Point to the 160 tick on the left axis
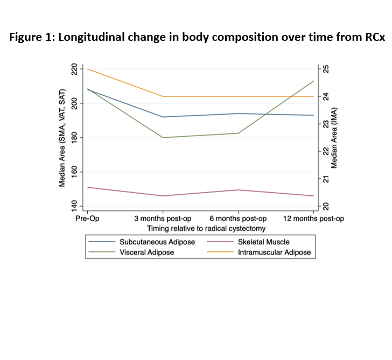click(74, 172)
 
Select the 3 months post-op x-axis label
click(163, 218)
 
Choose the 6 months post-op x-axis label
click(238, 218)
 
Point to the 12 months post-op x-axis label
click(313, 218)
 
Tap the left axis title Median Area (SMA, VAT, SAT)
click(63, 138)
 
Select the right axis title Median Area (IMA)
click(334, 138)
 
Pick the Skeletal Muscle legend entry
click(263, 242)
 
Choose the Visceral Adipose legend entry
click(146, 252)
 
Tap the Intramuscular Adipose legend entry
click(274, 252)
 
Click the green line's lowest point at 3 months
click(163, 137)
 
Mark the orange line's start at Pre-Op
click(88, 69)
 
